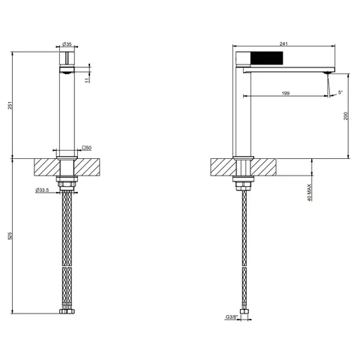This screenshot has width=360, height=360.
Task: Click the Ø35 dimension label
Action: click(x=67, y=44)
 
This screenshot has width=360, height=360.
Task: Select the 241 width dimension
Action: click(x=283, y=43)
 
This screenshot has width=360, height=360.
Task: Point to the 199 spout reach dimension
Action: click(x=286, y=93)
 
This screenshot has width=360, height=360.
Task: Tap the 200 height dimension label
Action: click(x=346, y=115)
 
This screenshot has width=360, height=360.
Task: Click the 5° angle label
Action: click(x=340, y=92)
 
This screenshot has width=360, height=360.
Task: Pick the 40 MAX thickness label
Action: click(x=310, y=193)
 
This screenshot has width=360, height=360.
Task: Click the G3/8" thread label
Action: click(x=231, y=317)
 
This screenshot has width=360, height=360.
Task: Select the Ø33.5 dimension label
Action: click(x=42, y=190)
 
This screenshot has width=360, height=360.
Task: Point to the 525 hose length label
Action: click(x=10, y=235)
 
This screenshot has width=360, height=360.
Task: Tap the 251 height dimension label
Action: click(x=10, y=105)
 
